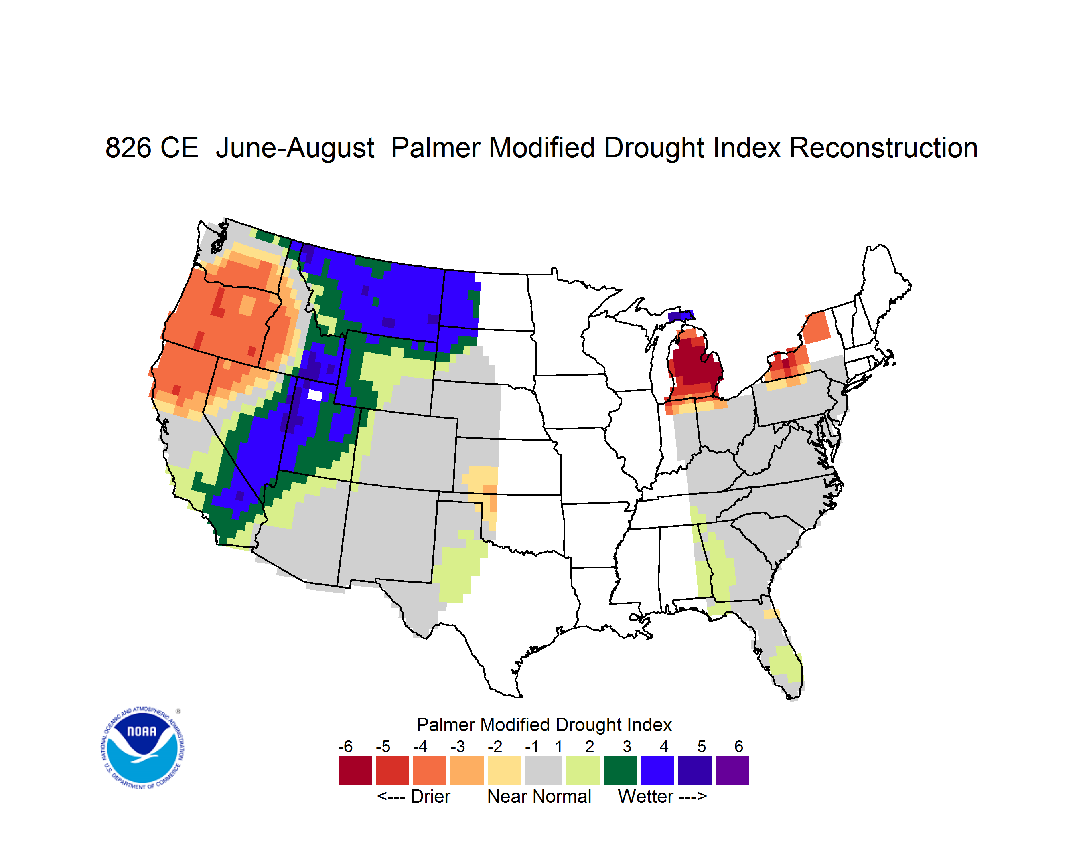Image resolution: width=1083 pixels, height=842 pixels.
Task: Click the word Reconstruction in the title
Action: pyautogui.click(x=883, y=148)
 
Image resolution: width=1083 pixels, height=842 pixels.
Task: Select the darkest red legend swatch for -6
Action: pyautogui.click(x=355, y=770)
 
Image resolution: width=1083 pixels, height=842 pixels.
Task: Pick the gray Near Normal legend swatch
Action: pyautogui.click(x=544, y=770)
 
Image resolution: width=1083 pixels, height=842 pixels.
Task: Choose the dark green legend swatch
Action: pyautogui.click(x=620, y=770)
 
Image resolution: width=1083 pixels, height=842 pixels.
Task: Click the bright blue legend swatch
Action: pyautogui.click(x=657, y=770)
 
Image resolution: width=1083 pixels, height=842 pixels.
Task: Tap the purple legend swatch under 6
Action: pyautogui.click(x=732, y=770)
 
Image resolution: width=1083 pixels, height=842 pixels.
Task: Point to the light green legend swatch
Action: pyautogui.click(x=583, y=770)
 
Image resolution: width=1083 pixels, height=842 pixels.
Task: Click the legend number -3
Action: pyautogui.click(x=458, y=746)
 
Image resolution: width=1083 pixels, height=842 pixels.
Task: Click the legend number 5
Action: pyautogui.click(x=702, y=746)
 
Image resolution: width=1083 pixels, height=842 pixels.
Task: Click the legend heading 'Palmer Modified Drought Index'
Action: pyautogui.click(x=544, y=725)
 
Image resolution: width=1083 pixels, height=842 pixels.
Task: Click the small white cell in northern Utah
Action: pyautogui.click(x=315, y=395)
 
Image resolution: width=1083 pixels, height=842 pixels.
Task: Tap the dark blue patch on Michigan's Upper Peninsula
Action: pyautogui.click(x=680, y=316)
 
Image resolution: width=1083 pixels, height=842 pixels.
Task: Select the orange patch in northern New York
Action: pyautogui.click(x=816, y=327)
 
